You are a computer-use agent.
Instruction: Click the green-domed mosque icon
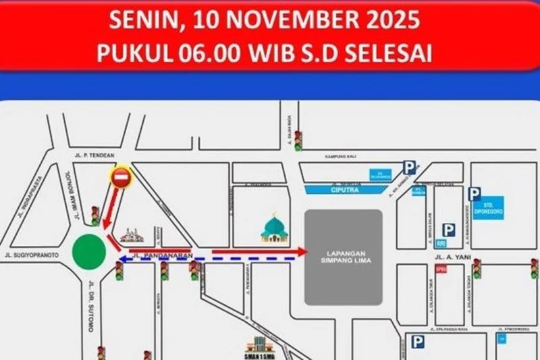pos(275,228)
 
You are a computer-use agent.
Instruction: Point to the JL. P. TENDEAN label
pos(94,156)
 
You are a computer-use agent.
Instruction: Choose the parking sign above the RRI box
pos(448,230)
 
